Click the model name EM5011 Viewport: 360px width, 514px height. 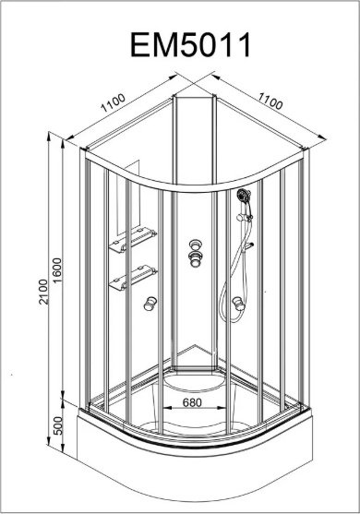coord(190,45)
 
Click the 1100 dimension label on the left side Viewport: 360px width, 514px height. coord(114,102)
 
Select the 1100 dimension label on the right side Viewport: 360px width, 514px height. coord(270,101)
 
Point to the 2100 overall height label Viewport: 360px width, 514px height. coord(43,292)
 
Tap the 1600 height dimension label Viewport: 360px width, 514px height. coord(57,270)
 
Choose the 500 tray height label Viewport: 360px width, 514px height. coord(57,425)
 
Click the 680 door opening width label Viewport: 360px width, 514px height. coord(192,402)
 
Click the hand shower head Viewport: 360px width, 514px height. coord(244,196)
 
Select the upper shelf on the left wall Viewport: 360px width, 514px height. coord(133,240)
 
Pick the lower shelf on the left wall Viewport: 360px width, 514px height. coord(133,278)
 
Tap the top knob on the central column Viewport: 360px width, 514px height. coord(195,245)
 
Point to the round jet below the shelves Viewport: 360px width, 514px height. coord(150,304)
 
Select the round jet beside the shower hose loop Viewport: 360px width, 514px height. coord(238,304)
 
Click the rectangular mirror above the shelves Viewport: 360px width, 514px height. coord(128,197)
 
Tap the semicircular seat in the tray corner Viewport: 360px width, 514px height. coord(195,382)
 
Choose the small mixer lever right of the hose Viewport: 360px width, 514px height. coord(250,245)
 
